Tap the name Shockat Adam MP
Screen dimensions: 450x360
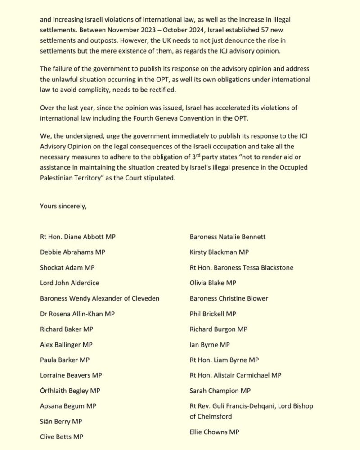tap(67, 267)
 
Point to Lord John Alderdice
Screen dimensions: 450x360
tap(69, 283)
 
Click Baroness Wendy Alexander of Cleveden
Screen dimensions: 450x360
tap(99, 298)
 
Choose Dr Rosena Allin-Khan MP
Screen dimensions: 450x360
tap(78, 314)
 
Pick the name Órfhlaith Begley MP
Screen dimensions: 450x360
tap(70, 390)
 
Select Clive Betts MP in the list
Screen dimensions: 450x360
tap(62, 436)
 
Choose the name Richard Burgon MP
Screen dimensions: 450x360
tap(219, 329)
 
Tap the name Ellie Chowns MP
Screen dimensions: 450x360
tap(215, 432)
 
